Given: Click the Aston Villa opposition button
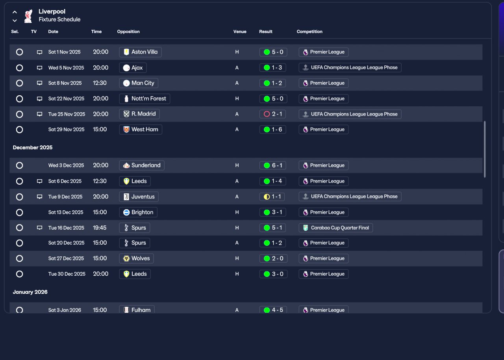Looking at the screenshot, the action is tap(140, 52).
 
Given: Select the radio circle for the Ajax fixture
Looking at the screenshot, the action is tap(20, 68).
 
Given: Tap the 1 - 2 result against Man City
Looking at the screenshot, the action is tap(273, 83).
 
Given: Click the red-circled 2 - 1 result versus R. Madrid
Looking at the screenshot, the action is tap(273, 114).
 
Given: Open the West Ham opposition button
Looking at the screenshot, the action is tap(141, 129).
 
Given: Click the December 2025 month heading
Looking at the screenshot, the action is tap(33, 147).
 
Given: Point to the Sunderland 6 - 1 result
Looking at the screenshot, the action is tap(273, 165).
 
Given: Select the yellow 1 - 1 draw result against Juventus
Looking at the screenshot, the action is tap(272, 197).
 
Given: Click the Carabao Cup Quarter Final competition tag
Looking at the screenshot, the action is tap(336, 228).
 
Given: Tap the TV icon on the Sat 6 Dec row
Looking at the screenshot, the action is tap(40, 181).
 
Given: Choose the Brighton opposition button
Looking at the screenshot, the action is tap(138, 212).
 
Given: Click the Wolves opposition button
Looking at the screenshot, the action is tap(136, 258).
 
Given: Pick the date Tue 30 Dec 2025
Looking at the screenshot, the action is tap(67, 274).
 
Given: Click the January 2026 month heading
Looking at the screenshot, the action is tap(30, 292).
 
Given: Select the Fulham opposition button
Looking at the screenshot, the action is tap(137, 310).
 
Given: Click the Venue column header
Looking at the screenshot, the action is tap(240, 32).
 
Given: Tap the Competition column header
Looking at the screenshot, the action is tap(309, 32).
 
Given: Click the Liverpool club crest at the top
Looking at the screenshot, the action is tap(28, 16).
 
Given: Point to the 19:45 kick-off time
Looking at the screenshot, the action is tap(100, 228).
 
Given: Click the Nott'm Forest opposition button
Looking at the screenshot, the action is tap(145, 98).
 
